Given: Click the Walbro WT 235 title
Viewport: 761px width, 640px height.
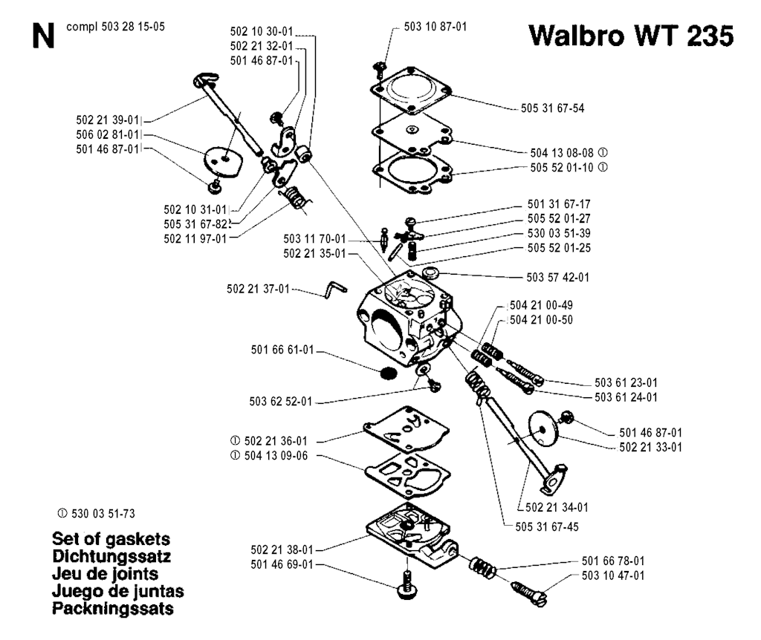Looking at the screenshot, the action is coord(631,36).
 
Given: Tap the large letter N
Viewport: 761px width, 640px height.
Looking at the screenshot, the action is coord(42,36).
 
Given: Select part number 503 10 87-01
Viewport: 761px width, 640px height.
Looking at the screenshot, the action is coord(435,27).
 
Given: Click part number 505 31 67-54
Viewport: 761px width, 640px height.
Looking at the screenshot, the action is coord(552,108).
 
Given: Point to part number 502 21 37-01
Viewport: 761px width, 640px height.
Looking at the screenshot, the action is coord(258,289).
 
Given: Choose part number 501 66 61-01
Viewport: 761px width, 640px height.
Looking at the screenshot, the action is coord(282,350).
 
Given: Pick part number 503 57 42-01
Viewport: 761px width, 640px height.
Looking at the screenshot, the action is coord(557,278).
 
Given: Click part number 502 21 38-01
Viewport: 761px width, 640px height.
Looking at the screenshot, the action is coord(282,550).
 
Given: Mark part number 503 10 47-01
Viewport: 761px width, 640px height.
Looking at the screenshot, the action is coord(613,575).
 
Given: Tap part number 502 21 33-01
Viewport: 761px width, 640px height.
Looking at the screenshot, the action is coord(650,447).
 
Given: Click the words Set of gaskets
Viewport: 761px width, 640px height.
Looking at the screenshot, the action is coord(111,539).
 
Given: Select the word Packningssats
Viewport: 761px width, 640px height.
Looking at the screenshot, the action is coord(113,609).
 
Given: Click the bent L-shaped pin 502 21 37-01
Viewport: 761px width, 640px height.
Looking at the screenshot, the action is coord(336,289).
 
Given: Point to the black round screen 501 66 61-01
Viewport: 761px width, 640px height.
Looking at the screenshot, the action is coord(387,373).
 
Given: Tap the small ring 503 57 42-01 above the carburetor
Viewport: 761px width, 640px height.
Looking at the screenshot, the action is coord(430,272).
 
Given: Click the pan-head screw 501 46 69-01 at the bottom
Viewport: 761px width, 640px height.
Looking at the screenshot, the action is coord(408,585).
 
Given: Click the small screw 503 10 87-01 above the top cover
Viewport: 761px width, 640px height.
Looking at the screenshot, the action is coord(380,69).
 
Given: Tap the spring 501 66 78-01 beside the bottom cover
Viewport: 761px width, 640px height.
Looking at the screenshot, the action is coord(482,567).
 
